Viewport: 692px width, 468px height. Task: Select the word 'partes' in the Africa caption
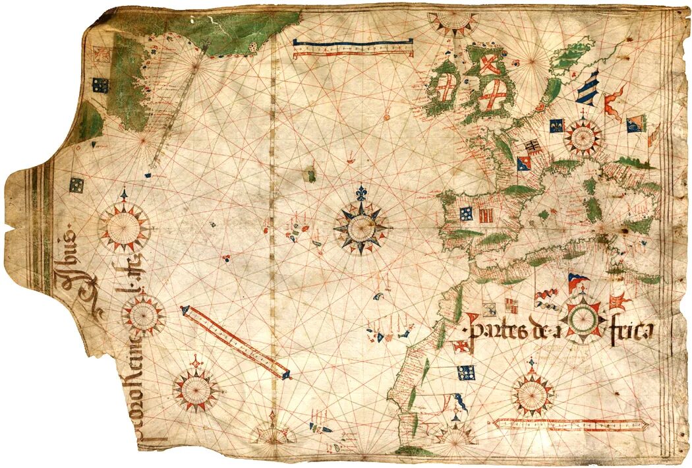[494, 329]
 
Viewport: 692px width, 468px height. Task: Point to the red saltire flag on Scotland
[488, 65]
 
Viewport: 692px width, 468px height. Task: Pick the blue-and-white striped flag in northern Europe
[587, 87]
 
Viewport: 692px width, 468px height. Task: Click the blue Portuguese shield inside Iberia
[466, 213]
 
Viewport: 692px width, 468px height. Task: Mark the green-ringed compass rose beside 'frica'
[584, 319]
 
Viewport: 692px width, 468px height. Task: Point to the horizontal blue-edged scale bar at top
[353, 46]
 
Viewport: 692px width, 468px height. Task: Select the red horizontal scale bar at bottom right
[571, 423]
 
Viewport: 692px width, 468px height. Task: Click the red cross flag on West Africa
[460, 346]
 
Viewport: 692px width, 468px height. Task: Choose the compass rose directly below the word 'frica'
[533, 394]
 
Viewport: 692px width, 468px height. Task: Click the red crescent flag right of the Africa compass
[620, 301]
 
